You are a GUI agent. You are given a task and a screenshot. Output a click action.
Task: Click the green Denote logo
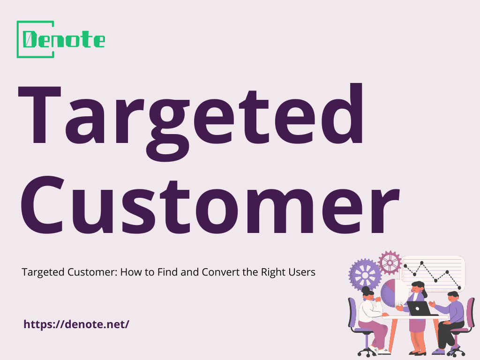pos(60,39)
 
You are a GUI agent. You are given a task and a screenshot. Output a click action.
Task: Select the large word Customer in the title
pos(208,206)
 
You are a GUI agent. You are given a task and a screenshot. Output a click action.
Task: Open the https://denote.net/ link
pos(76,324)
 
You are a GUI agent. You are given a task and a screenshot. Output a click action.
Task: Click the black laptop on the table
pos(419,308)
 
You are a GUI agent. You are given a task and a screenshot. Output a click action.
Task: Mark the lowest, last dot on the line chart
pos(460,287)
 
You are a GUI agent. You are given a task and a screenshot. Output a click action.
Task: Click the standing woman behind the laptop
pos(416,309)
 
